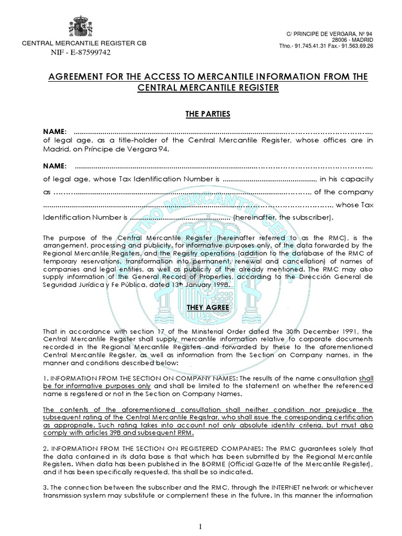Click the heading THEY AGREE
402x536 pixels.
[208, 307]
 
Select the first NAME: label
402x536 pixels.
[54, 130]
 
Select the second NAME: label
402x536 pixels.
[54, 166]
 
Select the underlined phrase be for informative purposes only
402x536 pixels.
[102, 386]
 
